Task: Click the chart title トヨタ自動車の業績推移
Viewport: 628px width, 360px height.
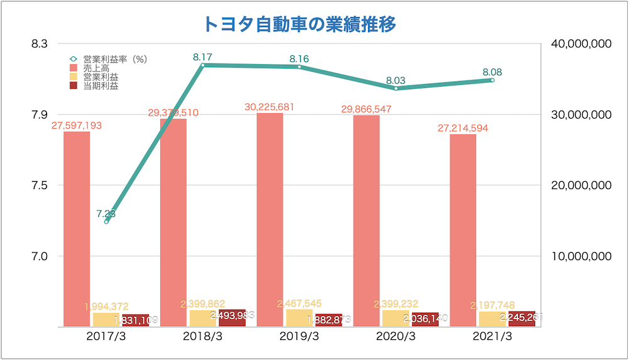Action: click(x=300, y=24)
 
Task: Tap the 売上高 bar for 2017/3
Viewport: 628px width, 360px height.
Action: click(x=77, y=229)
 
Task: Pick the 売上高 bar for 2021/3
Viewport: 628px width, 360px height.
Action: click(x=463, y=230)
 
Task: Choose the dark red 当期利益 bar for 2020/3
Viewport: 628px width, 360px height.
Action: click(x=425, y=320)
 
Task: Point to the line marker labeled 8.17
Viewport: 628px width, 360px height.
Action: click(x=202, y=65)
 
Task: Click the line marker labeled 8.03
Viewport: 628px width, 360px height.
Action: click(x=396, y=89)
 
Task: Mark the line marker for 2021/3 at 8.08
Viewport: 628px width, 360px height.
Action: click(x=492, y=80)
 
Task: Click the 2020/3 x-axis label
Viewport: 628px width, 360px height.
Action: click(x=396, y=336)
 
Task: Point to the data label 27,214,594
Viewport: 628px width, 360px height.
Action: click(x=463, y=128)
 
